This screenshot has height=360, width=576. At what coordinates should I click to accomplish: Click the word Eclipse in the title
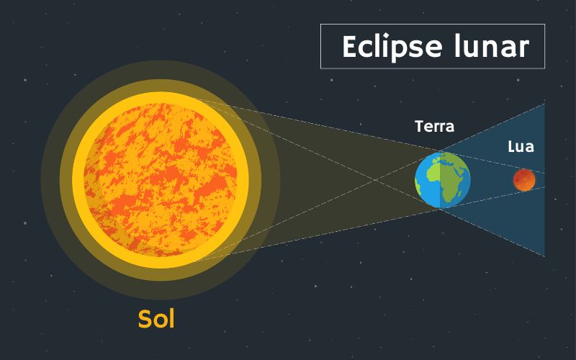(382, 47)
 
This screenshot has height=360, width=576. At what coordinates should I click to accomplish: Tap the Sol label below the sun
(156, 318)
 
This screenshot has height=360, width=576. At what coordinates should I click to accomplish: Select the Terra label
(435, 127)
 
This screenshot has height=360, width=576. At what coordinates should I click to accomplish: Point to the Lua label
(521, 147)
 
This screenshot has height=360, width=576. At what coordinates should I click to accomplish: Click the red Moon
(524, 180)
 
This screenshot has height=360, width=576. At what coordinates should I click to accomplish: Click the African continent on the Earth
(451, 182)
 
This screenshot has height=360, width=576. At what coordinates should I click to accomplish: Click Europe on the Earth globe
(448, 163)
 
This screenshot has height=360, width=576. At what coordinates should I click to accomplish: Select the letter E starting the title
(349, 47)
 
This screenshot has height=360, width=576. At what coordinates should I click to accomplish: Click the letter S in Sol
(145, 318)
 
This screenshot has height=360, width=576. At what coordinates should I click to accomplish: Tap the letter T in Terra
(419, 127)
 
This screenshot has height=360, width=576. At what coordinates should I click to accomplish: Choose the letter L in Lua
(510, 147)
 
